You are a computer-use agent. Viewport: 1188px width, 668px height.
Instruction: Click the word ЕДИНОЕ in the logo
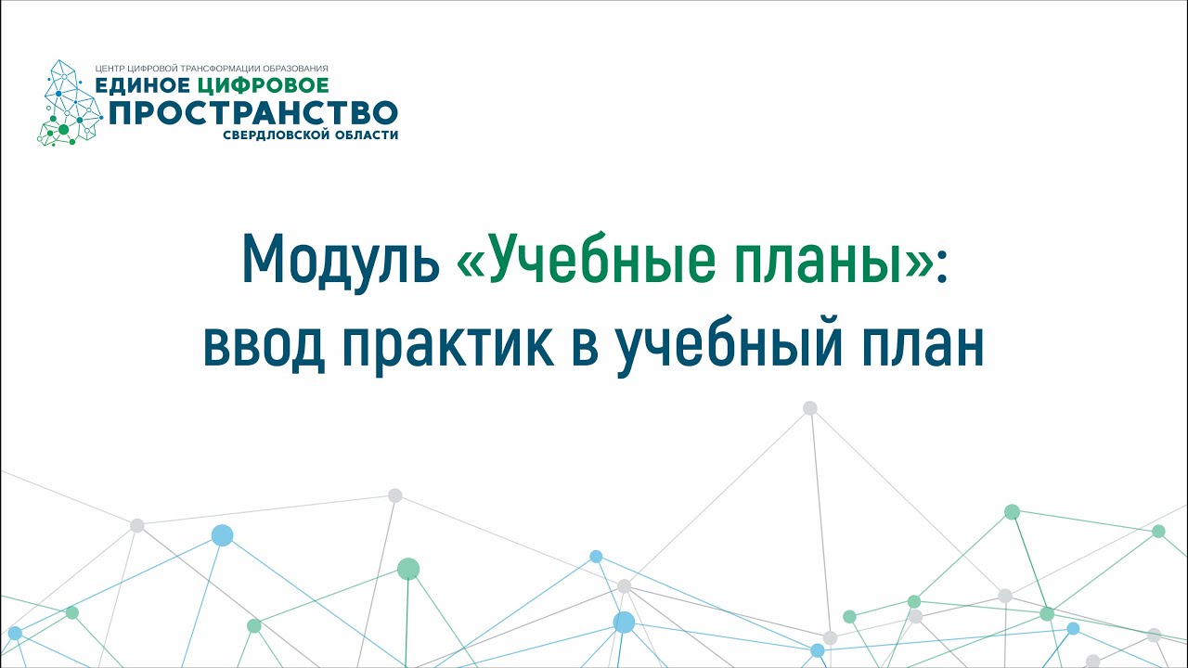click(142, 85)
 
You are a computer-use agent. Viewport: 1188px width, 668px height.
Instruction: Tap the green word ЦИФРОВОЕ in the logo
click(263, 85)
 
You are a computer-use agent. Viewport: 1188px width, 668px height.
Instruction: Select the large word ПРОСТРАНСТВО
click(253, 112)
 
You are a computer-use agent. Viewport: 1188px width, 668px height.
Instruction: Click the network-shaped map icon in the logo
click(70, 103)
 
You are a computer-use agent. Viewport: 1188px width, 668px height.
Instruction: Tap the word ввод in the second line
click(265, 347)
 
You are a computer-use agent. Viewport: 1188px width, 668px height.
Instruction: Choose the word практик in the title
click(448, 350)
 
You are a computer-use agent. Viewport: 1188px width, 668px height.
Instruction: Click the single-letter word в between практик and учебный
click(586, 347)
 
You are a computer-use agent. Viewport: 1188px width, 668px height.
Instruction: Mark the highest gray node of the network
click(810, 407)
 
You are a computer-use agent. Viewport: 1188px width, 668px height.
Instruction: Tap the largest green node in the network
click(408, 569)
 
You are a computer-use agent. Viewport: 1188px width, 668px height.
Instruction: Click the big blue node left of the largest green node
click(222, 535)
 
